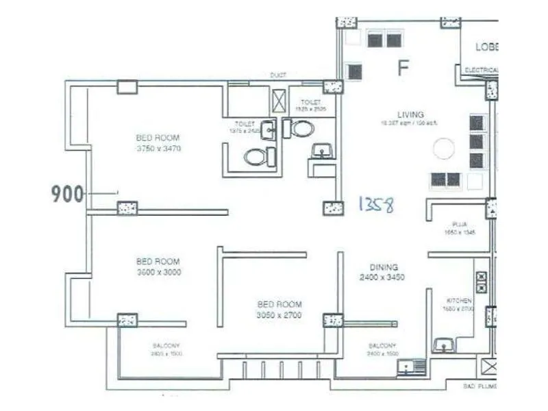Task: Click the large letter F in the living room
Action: point(403,67)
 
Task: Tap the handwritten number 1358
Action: point(376,204)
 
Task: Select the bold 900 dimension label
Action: point(67,195)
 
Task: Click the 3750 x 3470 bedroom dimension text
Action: point(158,148)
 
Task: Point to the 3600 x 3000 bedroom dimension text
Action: point(158,272)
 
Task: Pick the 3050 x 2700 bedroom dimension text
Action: point(279,315)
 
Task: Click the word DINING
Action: point(384,267)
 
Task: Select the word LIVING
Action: point(410,114)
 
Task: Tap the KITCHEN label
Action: point(459,301)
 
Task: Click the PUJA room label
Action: point(459,225)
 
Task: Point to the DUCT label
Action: point(277,75)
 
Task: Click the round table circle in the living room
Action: point(443,148)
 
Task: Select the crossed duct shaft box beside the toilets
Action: point(279,101)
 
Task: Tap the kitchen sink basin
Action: point(445,345)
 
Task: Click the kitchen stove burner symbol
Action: point(481,283)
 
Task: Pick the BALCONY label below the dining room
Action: point(383,345)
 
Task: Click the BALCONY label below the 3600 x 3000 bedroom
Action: point(166,345)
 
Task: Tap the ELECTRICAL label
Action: point(481,71)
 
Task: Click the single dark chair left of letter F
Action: point(354,71)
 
